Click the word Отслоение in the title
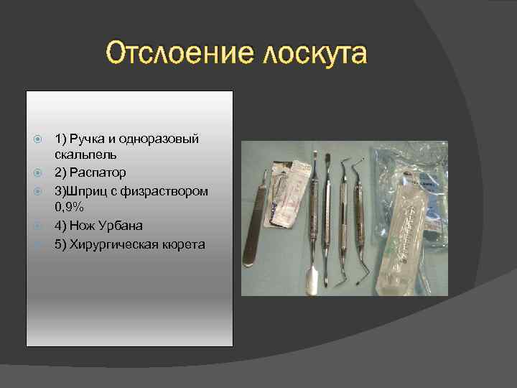177,54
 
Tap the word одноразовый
164,138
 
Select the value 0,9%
70,208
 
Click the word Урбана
121,226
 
